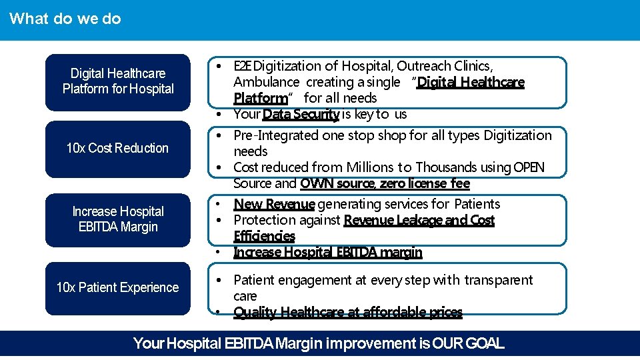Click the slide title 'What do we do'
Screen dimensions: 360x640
click(65, 19)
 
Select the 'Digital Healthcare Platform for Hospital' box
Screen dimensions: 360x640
click(118, 81)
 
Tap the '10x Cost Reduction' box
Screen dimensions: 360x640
click(118, 148)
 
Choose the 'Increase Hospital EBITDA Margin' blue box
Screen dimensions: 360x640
click(118, 219)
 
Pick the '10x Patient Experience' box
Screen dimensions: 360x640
click(118, 288)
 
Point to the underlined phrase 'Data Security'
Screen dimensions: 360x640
click(301, 114)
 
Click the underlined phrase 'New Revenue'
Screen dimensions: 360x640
click(273, 204)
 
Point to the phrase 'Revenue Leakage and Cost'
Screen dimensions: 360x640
click(419, 220)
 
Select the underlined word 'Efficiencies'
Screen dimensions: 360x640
click(264, 236)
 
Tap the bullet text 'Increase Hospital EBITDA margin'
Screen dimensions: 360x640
click(327, 252)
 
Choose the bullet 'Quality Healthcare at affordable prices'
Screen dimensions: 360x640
click(347, 312)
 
